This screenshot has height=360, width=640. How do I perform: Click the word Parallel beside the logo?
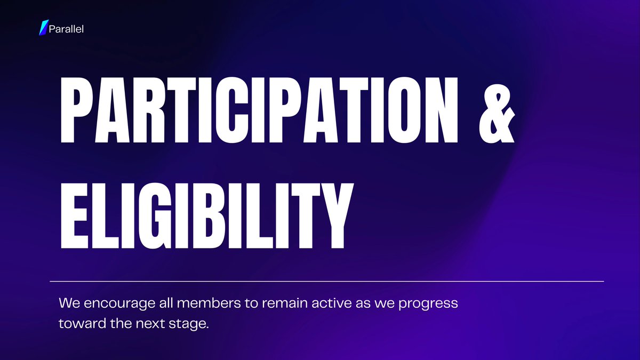[66, 28]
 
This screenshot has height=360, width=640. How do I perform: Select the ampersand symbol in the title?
[495, 110]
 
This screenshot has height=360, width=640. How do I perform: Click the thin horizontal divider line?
[326, 281]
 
